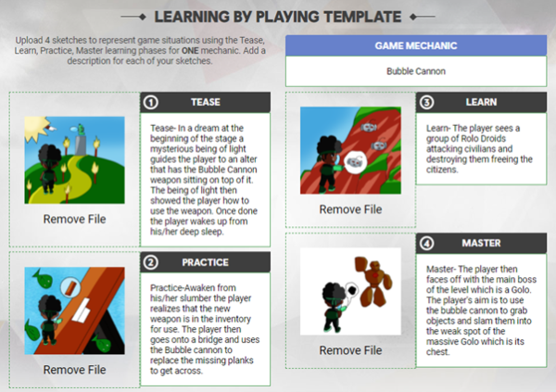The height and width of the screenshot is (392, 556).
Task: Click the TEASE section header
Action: coord(206,102)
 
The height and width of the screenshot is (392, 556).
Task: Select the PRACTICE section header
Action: coord(206,262)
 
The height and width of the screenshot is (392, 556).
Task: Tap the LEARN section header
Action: coord(481,102)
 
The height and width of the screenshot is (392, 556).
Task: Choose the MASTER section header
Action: coord(481,243)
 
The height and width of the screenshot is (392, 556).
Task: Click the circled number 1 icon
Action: coord(151,103)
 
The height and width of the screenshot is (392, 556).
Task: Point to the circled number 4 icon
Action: coord(426,244)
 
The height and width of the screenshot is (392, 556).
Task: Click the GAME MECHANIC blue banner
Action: coord(416,45)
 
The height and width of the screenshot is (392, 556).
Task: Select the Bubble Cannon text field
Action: coord(416,71)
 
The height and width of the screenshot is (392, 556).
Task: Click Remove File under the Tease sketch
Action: coord(74,219)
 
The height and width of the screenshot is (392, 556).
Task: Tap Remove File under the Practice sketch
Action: coord(74,370)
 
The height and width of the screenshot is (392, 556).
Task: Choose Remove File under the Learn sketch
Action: coord(350,209)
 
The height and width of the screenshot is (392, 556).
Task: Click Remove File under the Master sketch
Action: coord(350,350)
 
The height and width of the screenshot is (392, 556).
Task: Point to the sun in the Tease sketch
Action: coord(36,128)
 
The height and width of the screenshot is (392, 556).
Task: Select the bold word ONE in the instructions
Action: coord(190,50)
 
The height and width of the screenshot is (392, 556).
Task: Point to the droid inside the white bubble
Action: coord(355,162)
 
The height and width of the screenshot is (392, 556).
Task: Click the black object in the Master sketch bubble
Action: coord(352,290)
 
